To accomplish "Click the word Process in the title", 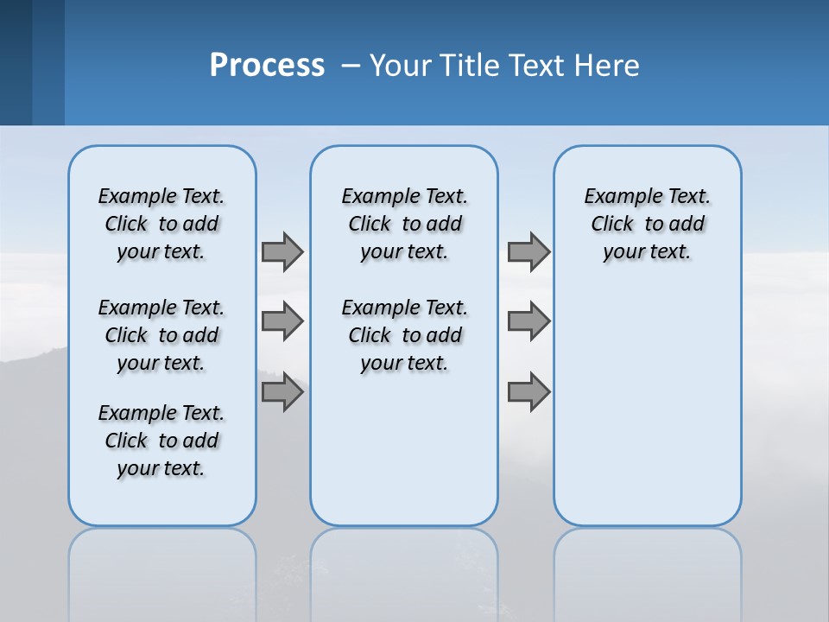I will click(267, 66).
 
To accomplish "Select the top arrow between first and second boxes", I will click(282, 251).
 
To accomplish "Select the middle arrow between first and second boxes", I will click(282, 321).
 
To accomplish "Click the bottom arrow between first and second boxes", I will click(282, 392).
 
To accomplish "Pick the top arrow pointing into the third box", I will click(528, 251).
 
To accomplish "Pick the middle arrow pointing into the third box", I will click(528, 321).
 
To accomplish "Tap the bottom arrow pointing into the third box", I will click(528, 392).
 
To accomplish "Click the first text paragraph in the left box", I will click(161, 224).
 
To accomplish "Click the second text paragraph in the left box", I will click(161, 335).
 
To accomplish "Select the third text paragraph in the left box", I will click(161, 441).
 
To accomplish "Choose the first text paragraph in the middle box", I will click(404, 224).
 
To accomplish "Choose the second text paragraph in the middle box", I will click(404, 335).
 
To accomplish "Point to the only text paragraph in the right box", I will click(647, 224).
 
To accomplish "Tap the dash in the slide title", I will click(351, 67).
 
